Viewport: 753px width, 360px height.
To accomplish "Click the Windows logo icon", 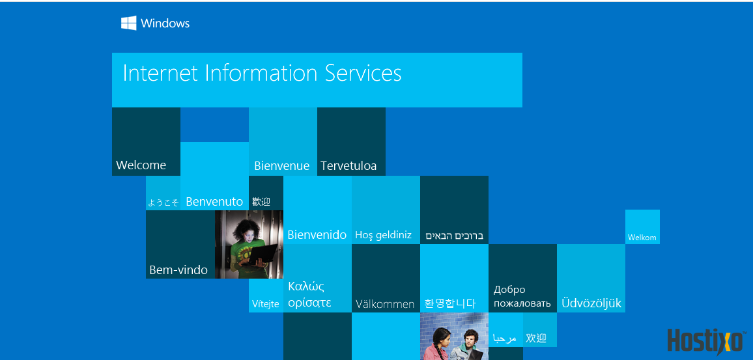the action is click(129, 23).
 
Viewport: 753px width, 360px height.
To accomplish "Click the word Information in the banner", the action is click(261, 73).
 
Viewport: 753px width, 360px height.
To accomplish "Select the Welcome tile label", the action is click(141, 165).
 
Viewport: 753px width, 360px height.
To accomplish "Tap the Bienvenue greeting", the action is click(282, 166).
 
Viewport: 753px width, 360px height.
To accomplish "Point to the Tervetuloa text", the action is click(348, 166).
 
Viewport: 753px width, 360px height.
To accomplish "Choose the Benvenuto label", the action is click(214, 202).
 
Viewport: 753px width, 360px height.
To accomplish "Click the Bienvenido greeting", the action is click(317, 235).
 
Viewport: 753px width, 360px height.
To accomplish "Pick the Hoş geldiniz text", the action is click(384, 235).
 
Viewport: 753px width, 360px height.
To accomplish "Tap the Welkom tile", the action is click(642, 227).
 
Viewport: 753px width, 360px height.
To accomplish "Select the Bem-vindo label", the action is click(178, 270).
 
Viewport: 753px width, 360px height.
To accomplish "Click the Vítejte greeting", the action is click(266, 304).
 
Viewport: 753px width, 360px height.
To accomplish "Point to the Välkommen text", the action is click(385, 304).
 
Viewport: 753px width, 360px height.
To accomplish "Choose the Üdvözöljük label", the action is click(591, 303).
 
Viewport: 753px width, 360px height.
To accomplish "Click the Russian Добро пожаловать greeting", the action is click(522, 296).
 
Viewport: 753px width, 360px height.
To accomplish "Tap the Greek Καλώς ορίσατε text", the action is click(310, 294).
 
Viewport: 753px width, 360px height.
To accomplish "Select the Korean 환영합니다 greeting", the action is click(450, 303).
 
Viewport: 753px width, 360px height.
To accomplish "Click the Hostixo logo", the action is click(706, 341).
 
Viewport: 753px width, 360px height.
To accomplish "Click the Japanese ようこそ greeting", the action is click(163, 202).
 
